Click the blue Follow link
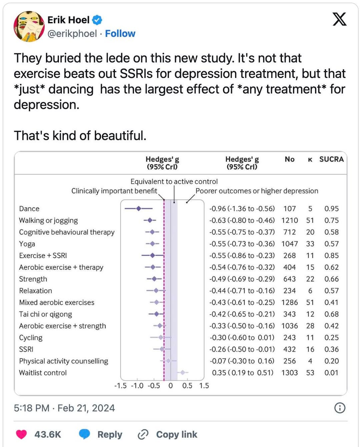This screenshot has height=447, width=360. [120, 34]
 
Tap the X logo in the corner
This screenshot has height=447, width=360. [339, 19]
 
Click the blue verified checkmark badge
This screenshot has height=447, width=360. [97, 20]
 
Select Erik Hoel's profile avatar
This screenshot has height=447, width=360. [29, 26]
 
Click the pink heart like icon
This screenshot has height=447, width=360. [22, 434]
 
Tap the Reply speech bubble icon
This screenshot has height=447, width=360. [84, 434]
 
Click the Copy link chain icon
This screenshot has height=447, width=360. [143, 434]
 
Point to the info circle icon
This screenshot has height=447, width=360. [340, 408]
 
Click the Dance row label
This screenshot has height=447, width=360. [29, 209]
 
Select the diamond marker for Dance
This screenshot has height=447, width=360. [139, 209]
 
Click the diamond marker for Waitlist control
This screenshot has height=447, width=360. [182, 372]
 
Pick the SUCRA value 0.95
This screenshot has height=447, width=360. [331, 209]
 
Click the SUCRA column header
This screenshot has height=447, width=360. [331, 159]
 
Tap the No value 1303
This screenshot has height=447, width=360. [289, 373]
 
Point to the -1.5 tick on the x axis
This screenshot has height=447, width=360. [120, 386]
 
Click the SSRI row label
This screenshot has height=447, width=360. [26, 349]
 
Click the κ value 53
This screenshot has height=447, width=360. [310, 373]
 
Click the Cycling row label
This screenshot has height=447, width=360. [31, 338]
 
